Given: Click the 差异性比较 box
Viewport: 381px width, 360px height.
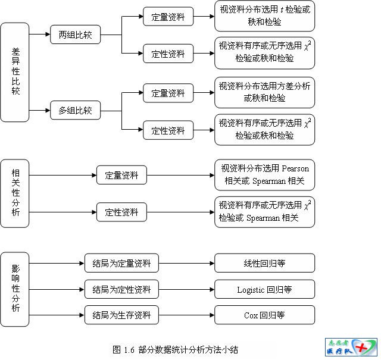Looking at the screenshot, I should (15, 72).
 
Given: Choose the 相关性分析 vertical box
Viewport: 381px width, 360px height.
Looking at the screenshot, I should (15, 193).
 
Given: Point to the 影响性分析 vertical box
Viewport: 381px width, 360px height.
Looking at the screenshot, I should (15, 289).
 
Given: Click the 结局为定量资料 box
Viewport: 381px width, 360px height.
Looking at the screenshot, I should (121, 262).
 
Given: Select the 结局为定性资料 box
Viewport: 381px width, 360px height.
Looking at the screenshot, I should (121, 289).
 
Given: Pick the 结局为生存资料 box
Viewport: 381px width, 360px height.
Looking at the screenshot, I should (121, 315).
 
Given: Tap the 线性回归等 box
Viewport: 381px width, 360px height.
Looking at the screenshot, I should (264, 262).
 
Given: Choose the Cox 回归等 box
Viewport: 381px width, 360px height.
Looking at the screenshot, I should (264, 315).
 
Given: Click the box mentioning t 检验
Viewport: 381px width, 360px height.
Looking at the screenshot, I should (264, 15).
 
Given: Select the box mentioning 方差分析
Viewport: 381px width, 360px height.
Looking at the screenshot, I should (264, 92).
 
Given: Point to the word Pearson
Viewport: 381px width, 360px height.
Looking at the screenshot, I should (296, 168).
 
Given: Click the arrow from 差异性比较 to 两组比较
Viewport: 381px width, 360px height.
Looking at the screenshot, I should (39, 34).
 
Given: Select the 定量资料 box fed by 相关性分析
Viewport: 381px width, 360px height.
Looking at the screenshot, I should (121, 175).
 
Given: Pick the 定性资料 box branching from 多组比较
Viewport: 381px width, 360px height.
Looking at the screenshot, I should (168, 130).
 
